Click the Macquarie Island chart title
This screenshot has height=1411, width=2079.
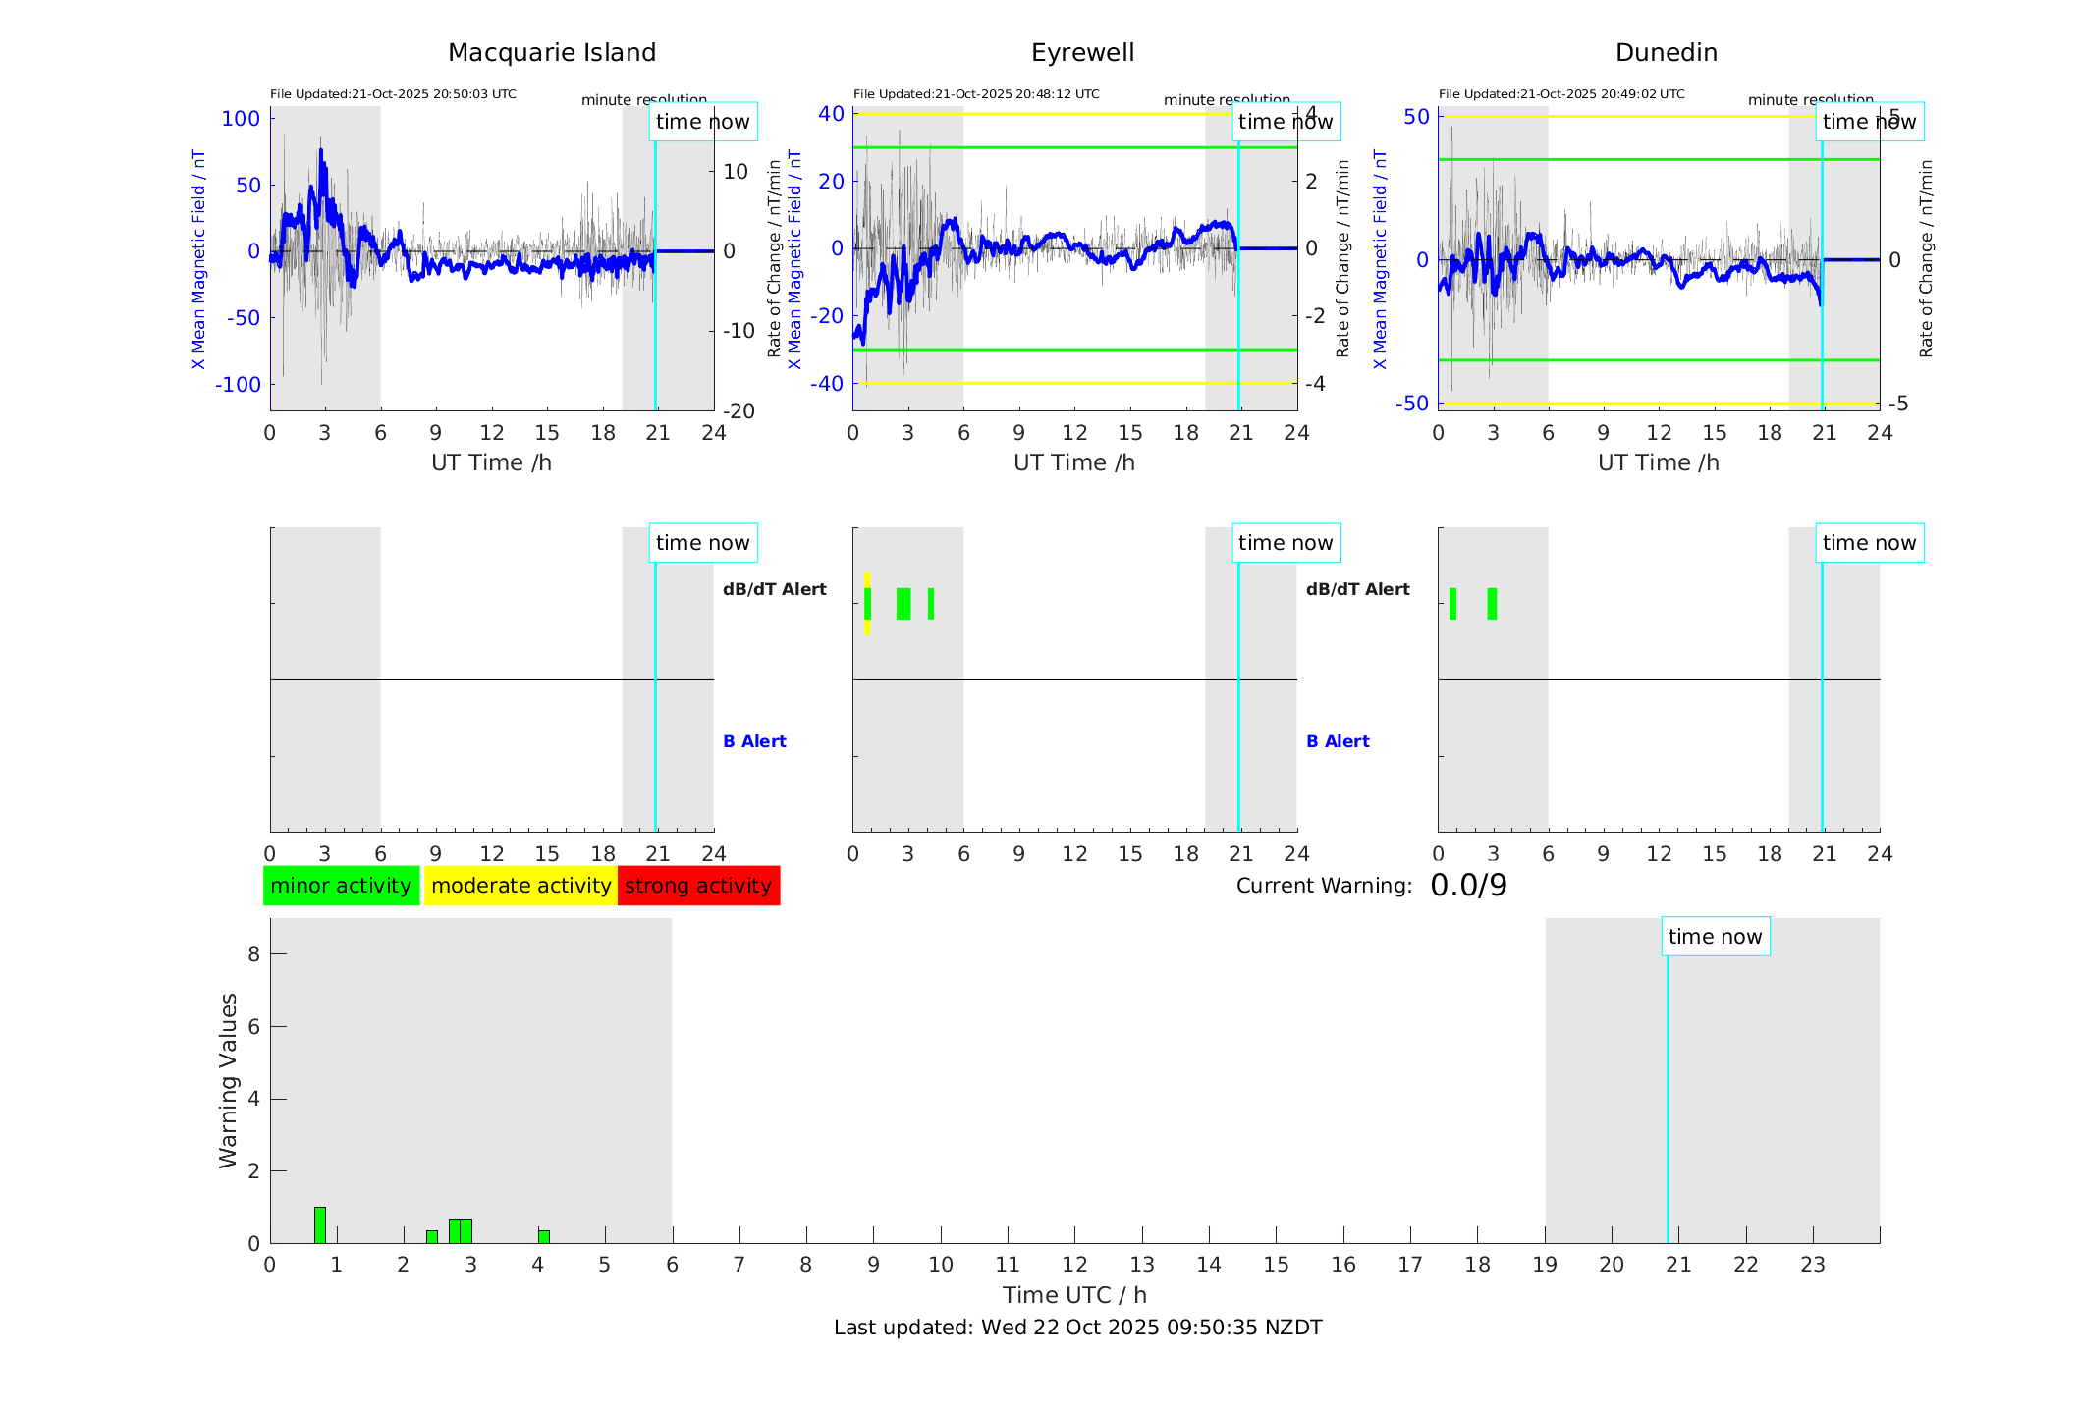click(551, 53)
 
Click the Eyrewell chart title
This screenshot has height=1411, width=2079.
click(1082, 53)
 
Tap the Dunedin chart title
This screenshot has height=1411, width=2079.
click(1666, 53)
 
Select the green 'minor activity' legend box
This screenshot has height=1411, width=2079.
click(341, 886)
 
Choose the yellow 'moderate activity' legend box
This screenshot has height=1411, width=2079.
click(520, 886)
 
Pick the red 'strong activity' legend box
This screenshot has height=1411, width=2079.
click(698, 886)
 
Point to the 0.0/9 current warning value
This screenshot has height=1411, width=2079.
click(1468, 886)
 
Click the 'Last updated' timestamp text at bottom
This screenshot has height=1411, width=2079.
click(1077, 1328)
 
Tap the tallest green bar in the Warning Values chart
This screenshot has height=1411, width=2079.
click(320, 1224)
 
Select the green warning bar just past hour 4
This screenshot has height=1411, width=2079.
click(544, 1236)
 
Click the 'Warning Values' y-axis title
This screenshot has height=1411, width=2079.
click(228, 1080)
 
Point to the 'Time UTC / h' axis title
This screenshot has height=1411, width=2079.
click(1074, 1295)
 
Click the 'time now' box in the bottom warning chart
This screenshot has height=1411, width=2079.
click(1715, 937)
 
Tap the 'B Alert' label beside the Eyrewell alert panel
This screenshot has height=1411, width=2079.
click(1338, 741)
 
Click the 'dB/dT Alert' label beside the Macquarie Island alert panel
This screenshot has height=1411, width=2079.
click(775, 589)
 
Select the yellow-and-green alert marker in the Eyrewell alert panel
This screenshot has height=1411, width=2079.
click(867, 603)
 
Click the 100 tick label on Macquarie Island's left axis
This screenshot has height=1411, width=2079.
click(241, 119)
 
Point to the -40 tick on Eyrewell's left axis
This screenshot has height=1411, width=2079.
click(826, 384)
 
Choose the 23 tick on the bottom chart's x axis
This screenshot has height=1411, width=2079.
click(1812, 1265)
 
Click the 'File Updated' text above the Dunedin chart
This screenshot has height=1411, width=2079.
click(1561, 94)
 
